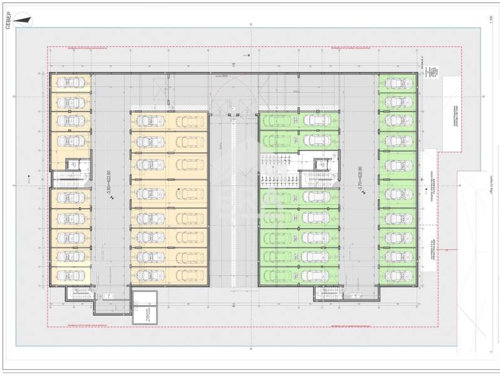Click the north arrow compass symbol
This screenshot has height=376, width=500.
click(25, 21)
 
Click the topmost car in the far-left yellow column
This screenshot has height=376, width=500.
click(70, 82)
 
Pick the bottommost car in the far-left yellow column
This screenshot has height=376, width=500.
click(70, 274)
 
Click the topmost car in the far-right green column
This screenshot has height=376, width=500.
click(396, 82)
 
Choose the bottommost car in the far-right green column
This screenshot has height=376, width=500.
click(396, 274)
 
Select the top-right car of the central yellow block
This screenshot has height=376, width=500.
click(189, 121)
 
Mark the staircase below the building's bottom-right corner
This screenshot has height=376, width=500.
click(327, 294)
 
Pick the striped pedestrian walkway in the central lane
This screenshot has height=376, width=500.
click(234, 201)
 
